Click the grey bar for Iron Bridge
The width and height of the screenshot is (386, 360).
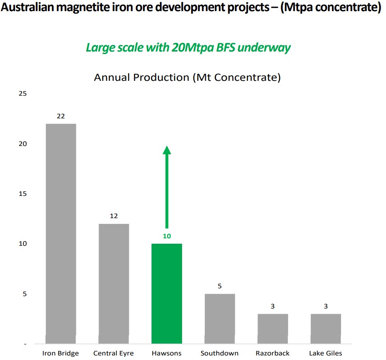pos(61,233)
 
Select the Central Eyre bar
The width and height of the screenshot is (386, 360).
pos(114,283)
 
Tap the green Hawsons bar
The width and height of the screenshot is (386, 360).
pos(167,293)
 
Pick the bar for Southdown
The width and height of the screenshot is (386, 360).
pos(220,318)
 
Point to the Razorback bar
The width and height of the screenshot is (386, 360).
pos(273,328)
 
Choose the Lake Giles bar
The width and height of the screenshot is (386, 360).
pos(326,328)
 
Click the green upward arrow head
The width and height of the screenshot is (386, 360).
pos(167,150)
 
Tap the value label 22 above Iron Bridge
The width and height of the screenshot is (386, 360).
pos(61,116)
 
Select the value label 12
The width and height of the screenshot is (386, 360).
pos(114,216)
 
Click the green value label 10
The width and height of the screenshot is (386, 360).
pos(167,236)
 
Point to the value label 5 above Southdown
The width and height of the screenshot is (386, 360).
pos(220,286)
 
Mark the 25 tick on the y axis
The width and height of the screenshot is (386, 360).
pos(23,94)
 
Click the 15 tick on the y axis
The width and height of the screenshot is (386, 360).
pos(23,194)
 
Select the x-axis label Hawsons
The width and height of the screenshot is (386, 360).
pos(166,353)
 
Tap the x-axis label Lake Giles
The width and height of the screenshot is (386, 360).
pos(326,353)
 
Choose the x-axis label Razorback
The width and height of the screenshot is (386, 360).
pos(272,353)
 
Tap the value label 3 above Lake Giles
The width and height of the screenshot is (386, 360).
pos(326,306)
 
